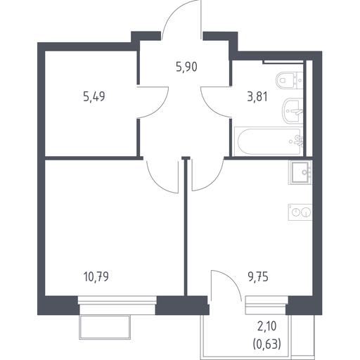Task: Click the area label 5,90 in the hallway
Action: tap(186, 67)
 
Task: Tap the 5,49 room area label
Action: tap(94, 96)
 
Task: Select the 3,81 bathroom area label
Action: tap(257, 96)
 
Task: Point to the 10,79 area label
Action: tap(96, 276)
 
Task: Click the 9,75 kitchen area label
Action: tap(258, 277)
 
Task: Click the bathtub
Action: tap(269, 141)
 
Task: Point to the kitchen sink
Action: tap(301, 172)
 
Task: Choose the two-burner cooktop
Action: tap(300, 212)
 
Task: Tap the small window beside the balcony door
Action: tap(266, 305)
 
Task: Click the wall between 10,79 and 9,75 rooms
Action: tap(186, 227)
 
